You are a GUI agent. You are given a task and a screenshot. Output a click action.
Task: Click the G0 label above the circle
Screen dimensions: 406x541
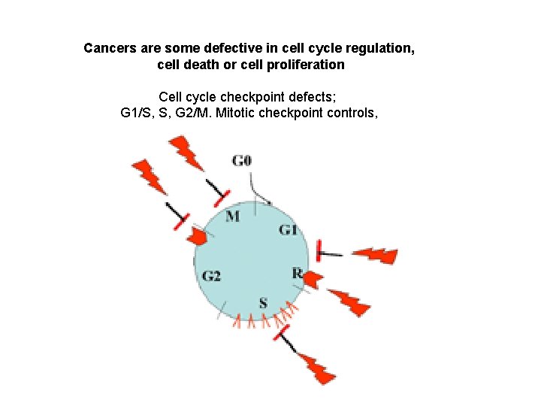coord(241,160)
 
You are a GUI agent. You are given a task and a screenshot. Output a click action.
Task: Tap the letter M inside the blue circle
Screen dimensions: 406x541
coord(233,217)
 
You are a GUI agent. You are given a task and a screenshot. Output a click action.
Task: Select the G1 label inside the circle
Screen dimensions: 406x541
coord(288,229)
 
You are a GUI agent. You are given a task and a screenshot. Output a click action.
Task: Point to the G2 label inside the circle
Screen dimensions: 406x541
coord(211,276)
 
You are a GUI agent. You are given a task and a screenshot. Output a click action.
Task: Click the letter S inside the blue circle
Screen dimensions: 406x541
coord(263,303)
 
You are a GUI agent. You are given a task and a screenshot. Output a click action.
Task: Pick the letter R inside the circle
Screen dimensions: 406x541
coord(297,274)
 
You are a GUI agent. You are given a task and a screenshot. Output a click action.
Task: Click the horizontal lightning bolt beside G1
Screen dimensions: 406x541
coord(375,256)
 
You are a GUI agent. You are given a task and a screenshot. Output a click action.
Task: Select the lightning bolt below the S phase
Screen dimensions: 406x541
coord(316,368)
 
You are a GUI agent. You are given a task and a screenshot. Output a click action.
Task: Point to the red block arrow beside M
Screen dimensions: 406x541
coord(197,236)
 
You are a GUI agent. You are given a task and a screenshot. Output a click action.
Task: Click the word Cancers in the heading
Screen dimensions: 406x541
coord(108,49)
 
